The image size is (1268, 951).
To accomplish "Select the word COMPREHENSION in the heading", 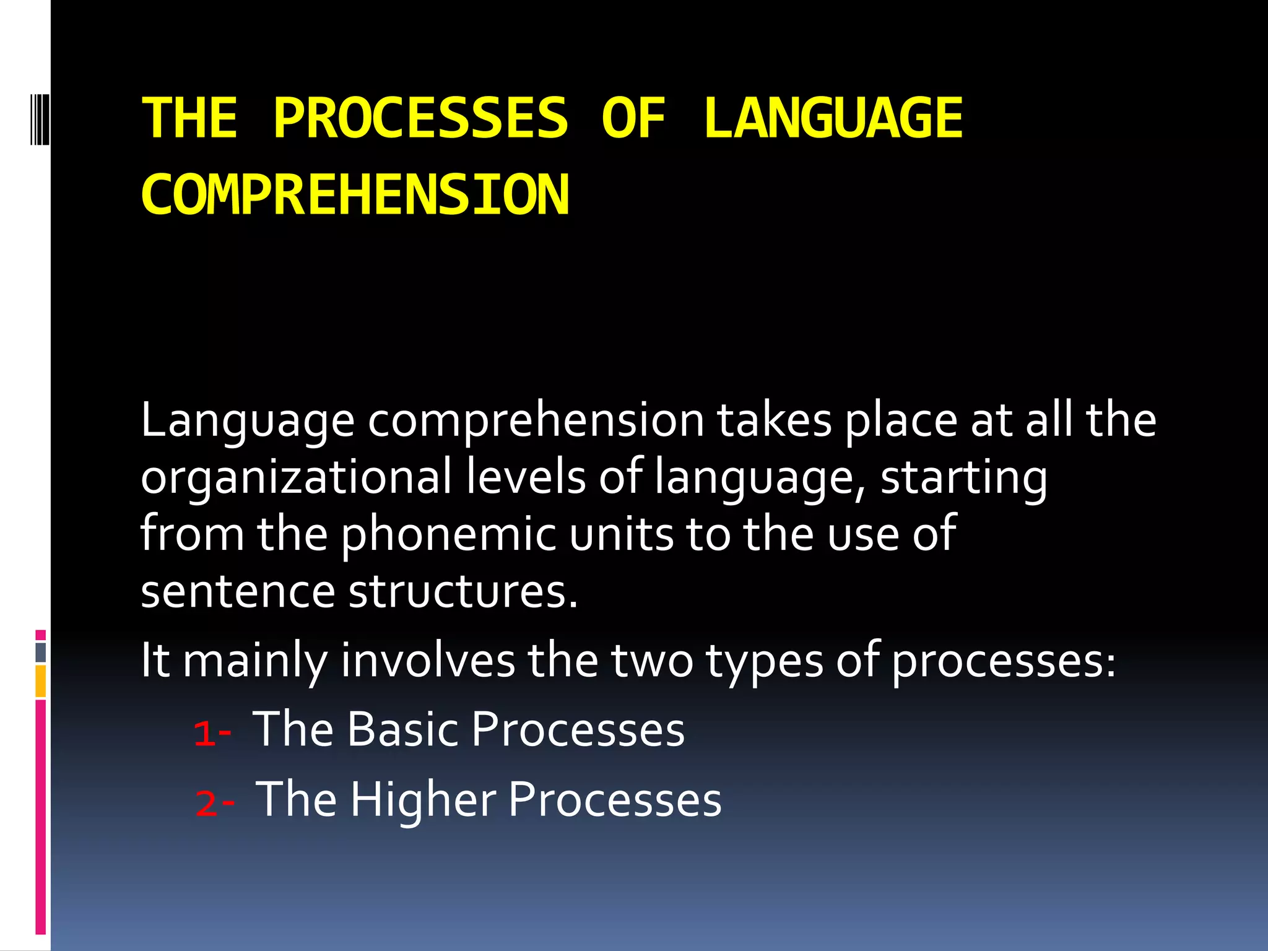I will click(x=355, y=195).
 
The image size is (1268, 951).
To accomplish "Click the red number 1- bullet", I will click(x=212, y=734).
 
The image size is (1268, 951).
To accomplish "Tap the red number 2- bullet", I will click(x=214, y=804).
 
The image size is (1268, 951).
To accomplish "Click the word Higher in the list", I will click(x=423, y=800).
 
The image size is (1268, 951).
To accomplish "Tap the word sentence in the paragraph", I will click(x=238, y=591).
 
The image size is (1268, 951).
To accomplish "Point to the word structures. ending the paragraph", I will click(x=462, y=591).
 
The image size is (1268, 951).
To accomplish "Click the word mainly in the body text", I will click(x=254, y=661).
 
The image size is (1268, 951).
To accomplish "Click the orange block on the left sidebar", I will click(x=40, y=681).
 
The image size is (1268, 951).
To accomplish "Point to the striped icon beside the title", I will click(x=40, y=118).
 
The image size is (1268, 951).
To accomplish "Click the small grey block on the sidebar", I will click(x=40, y=653).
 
